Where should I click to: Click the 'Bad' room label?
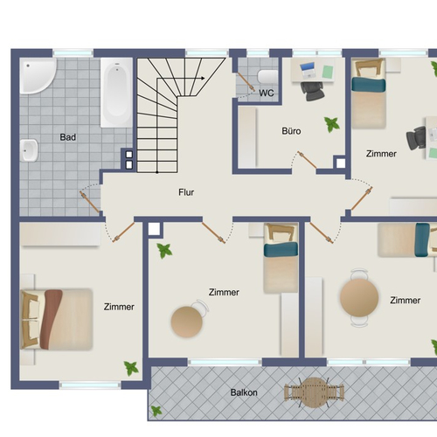(x=68, y=137)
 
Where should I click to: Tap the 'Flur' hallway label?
(x=186, y=192)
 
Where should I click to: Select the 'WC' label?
(x=267, y=93)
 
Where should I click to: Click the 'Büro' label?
(x=291, y=131)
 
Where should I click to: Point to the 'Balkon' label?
(x=244, y=392)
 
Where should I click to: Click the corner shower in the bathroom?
(x=37, y=76)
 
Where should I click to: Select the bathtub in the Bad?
(x=116, y=93)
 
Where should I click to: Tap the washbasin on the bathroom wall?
(x=29, y=150)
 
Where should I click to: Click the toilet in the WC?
(x=267, y=77)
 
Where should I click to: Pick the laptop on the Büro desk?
(x=308, y=70)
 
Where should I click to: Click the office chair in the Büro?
(x=312, y=91)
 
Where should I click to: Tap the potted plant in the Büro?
(x=332, y=124)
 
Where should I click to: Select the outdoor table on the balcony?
(x=314, y=392)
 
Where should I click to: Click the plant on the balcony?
(x=156, y=411)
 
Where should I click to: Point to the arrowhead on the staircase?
(x=203, y=78)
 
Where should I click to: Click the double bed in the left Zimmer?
(x=57, y=319)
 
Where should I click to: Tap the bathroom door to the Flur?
(x=90, y=201)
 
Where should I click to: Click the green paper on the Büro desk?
(x=328, y=72)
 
